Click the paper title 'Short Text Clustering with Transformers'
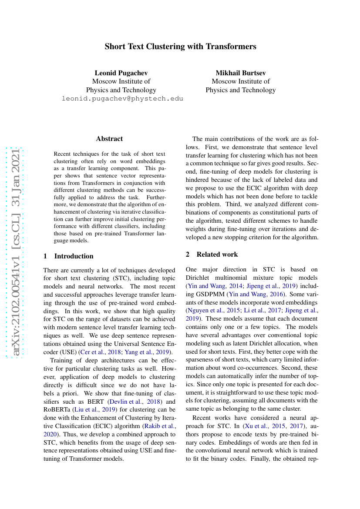coord(180,47)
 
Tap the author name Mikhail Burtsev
coord(240,72)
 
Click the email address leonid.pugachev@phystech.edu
coord(122,99)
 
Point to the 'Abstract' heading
coord(109,139)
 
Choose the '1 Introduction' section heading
coord(68,256)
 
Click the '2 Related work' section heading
coord(212,254)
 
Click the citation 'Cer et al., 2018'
coord(98,352)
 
